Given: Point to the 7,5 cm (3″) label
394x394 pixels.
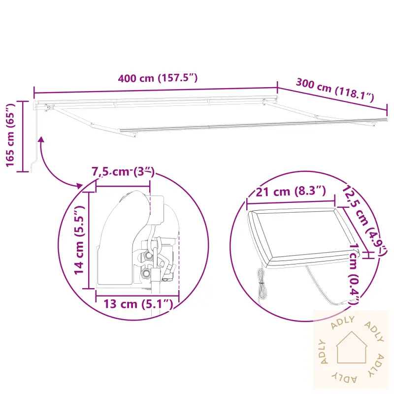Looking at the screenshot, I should click(x=123, y=172).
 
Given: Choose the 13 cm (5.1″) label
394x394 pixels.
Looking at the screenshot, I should click(x=138, y=304).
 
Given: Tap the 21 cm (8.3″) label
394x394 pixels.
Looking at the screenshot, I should click(x=291, y=192).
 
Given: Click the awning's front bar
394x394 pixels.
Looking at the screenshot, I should click(x=256, y=126).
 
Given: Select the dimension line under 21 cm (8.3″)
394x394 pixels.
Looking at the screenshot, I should click(x=291, y=200).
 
